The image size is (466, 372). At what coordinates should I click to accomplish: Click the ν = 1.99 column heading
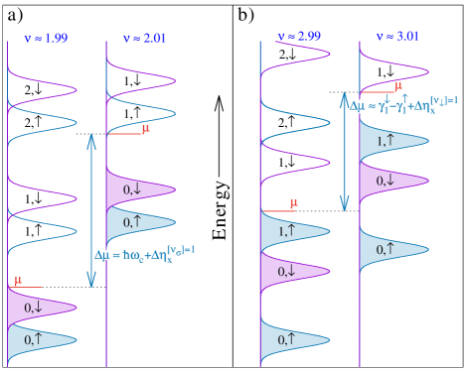(46, 39)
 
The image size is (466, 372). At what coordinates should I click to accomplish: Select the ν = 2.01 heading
(145, 39)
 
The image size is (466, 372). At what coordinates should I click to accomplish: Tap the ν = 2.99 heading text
(299, 37)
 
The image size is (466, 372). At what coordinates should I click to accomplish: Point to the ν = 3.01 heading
(398, 37)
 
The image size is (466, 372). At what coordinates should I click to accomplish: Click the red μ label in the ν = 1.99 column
(18, 282)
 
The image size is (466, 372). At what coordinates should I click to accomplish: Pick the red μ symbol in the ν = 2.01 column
(145, 129)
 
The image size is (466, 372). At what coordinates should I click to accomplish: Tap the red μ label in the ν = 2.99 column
(293, 204)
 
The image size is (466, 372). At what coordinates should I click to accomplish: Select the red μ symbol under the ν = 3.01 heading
(397, 87)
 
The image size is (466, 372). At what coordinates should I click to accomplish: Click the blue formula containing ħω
(145, 254)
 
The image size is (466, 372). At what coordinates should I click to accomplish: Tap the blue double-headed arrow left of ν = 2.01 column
(91, 210)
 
